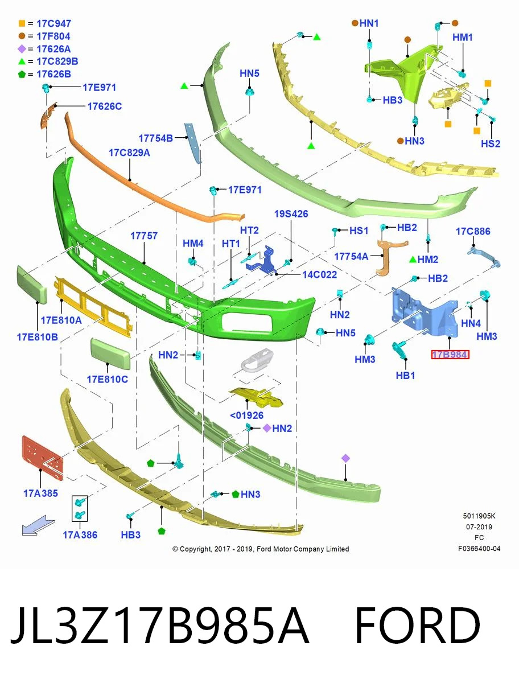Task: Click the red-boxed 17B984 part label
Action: click(x=450, y=355)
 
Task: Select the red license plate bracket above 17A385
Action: click(x=43, y=457)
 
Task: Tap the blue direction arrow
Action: click(x=38, y=525)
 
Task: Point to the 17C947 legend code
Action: click(x=54, y=23)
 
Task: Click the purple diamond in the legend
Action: click(x=22, y=49)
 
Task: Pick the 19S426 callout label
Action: click(x=291, y=214)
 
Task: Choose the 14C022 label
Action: click(x=320, y=274)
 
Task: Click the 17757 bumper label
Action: click(x=144, y=236)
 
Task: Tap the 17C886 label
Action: click(x=473, y=231)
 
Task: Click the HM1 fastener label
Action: click(x=463, y=38)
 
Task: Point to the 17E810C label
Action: click(x=108, y=379)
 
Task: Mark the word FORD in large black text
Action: click(x=418, y=626)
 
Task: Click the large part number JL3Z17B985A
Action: click(x=160, y=626)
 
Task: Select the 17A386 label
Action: click(x=80, y=535)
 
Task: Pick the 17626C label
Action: click(x=105, y=106)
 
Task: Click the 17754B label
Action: click(x=155, y=138)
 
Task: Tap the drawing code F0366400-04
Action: click(x=479, y=549)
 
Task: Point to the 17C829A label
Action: click(x=129, y=153)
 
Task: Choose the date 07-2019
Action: click(x=479, y=527)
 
